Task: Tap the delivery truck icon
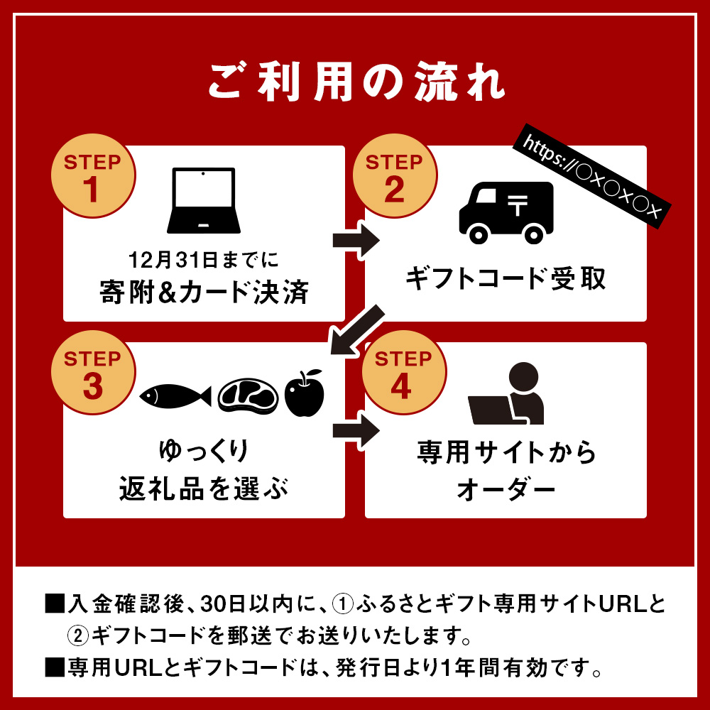pos(506,212)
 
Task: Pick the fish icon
pos(175,395)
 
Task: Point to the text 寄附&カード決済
pos(204,292)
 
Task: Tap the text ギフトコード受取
pos(506,278)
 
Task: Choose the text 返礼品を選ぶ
pos(204,488)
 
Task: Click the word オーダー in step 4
pos(506,488)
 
